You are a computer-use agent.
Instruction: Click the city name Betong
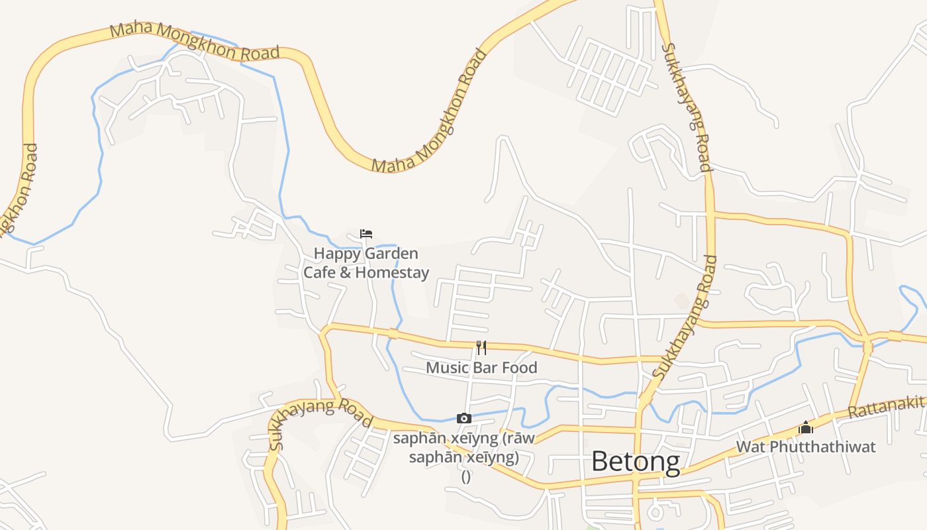(635, 462)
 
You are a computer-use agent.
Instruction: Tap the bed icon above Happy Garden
(366, 233)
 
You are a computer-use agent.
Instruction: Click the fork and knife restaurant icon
(481, 348)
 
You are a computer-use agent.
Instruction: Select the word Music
(446, 368)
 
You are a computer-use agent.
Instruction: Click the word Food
(520, 368)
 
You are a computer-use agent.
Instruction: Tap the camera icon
(464, 418)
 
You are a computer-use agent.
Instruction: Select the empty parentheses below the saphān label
(465, 476)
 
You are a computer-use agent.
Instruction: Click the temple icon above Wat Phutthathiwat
(806, 427)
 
